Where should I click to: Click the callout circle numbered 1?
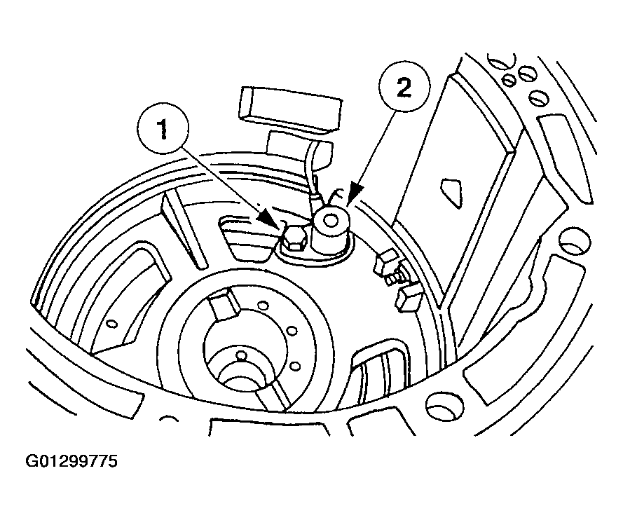(x=163, y=129)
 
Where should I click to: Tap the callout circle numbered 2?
(x=404, y=87)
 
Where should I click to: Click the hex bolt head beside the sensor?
(x=294, y=240)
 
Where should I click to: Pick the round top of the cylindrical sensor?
(x=329, y=219)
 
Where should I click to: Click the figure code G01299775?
(x=71, y=461)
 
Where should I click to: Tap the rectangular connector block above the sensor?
(x=290, y=107)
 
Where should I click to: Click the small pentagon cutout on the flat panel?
(x=452, y=192)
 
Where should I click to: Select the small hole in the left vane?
(x=113, y=324)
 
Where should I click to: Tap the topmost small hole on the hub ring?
(x=263, y=305)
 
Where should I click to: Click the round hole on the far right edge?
(x=575, y=241)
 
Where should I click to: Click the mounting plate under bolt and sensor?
(x=316, y=254)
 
